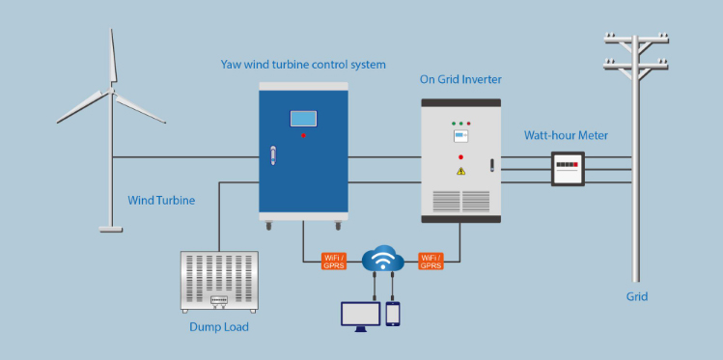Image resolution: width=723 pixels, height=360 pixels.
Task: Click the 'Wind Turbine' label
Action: point(161,201)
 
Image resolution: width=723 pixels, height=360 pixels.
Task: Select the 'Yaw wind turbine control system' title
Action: point(303,65)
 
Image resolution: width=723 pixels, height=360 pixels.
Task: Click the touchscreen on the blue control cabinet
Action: point(303,119)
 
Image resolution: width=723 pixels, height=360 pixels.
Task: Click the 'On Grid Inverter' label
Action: point(460,79)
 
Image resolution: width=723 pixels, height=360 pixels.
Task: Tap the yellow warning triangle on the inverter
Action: point(461,171)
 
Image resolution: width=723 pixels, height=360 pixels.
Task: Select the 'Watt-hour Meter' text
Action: point(566,135)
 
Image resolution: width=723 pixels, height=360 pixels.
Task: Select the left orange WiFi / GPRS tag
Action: point(335,260)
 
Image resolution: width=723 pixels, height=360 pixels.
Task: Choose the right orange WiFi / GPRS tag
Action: point(431,260)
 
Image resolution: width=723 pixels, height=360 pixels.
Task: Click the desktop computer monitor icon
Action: point(359,316)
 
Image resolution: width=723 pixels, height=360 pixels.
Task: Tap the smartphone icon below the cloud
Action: point(393,314)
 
